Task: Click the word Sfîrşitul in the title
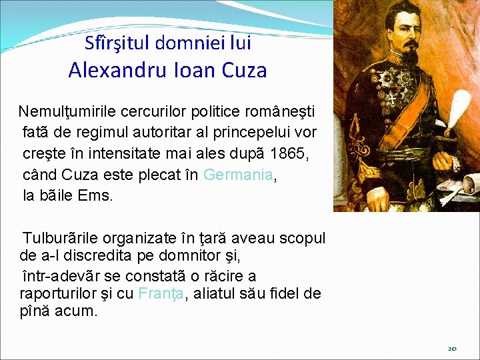click(x=118, y=44)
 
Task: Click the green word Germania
click(x=238, y=175)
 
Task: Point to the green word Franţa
click(x=160, y=293)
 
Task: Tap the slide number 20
click(x=452, y=348)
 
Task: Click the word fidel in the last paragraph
click(x=287, y=293)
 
